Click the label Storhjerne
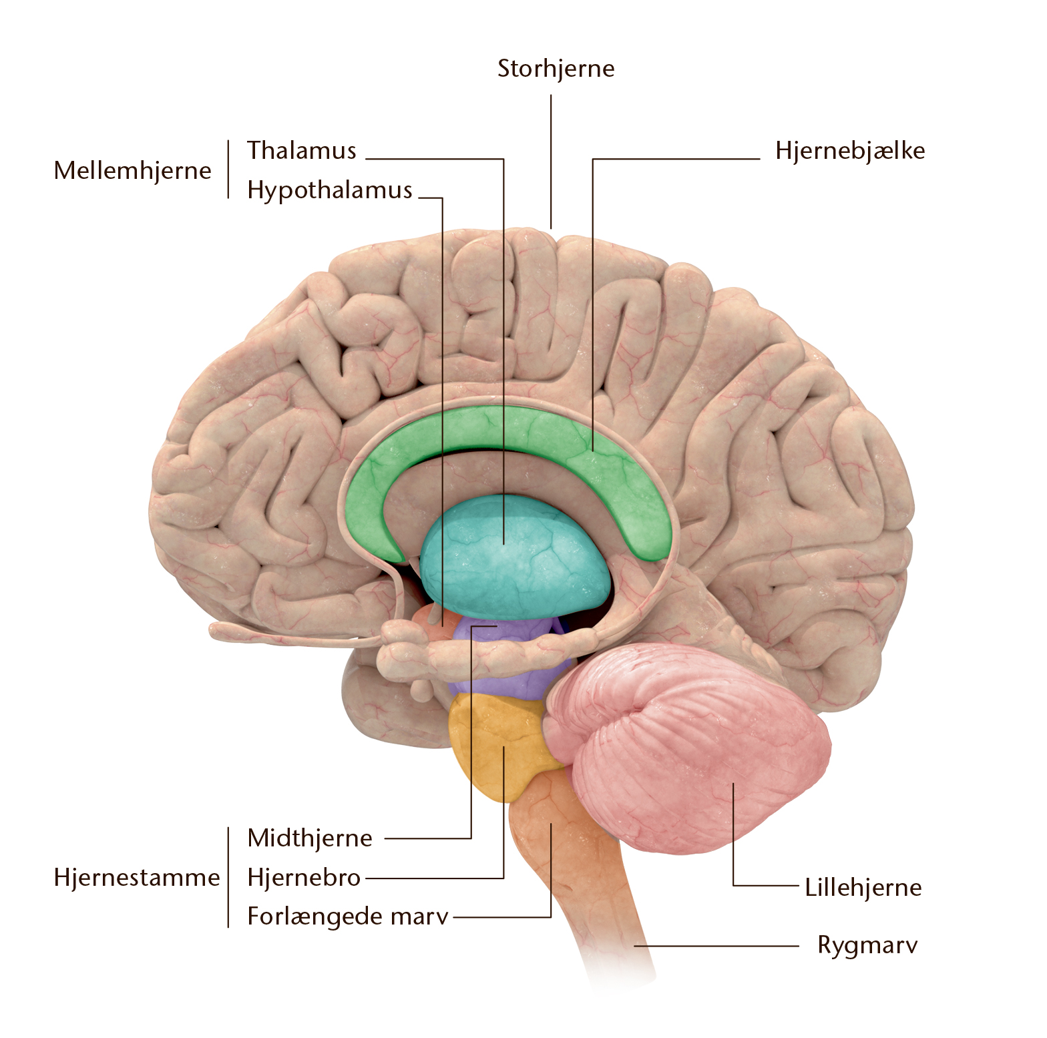pyautogui.click(x=556, y=69)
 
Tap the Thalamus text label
pyautogui.click(x=302, y=151)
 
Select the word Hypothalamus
pyautogui.click(x=330, y=190)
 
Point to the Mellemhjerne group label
pyautogui.click(x=132, y=171)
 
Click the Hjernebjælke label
pyautogui.click(x=850, y=151)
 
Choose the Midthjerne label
pyautogui.click(x=310, y=838)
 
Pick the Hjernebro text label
pyautogui.click(x=304, y=877)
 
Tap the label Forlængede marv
pyautogui.click(x=348, y=917)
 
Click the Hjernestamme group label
pyautogui.click(x=137, y=878)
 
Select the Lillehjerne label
pyautogui.click(x=863, y=888)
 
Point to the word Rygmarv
pyautogui.click(x=867, y=946)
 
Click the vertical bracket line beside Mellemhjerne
pyautogui.click(x=228, y=169)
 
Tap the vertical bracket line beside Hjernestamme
pyautogui.click(x=228, y=877)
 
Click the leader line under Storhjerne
pyautogui.click(x=551, y=162)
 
